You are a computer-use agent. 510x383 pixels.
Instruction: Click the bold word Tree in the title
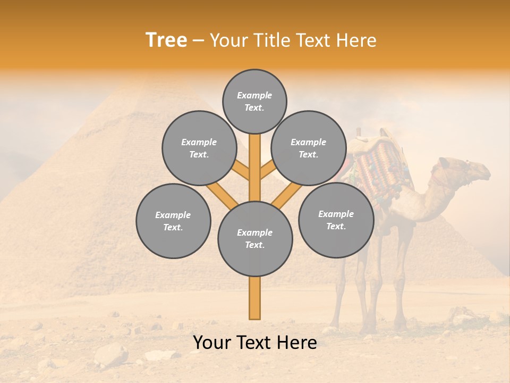[x=166, y=40]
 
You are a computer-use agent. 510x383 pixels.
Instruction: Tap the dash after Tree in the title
[x=198, y=40]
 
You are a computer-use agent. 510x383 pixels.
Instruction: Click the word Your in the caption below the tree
[x=211, y=343]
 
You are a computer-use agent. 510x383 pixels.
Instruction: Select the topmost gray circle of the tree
[x=254, y=101]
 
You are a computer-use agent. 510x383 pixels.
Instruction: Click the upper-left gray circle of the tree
[x=199, y=148]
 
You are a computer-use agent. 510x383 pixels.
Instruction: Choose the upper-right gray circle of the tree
[x=309, y=148]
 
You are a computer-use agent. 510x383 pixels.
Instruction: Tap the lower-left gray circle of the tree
[x=173, y=221]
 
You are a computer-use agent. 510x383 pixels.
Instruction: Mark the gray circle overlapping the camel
[x=336, y=220]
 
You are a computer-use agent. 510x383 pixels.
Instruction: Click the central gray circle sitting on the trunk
[x=255, y=239]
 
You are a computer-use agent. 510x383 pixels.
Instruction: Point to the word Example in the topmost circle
[x=254, y=95]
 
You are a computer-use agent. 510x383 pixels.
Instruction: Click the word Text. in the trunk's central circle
[x=254, y=245]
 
